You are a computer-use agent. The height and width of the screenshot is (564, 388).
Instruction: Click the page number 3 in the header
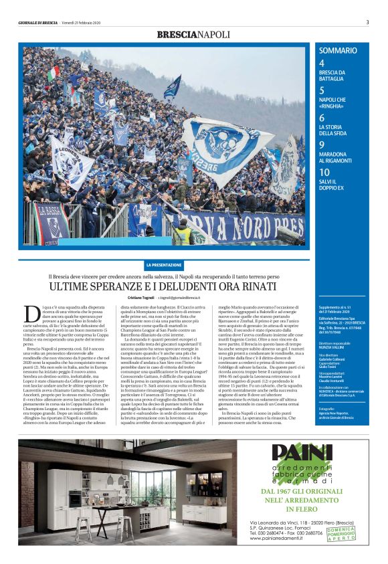367,22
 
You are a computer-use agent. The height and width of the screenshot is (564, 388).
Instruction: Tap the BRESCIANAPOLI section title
193,34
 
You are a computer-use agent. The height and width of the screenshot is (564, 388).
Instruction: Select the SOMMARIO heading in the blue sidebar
337,51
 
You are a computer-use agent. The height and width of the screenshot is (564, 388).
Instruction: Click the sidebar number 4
322,62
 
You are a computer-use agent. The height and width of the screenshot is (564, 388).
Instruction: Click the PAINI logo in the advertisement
301,453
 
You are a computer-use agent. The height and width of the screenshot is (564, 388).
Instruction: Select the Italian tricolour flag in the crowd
52,74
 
